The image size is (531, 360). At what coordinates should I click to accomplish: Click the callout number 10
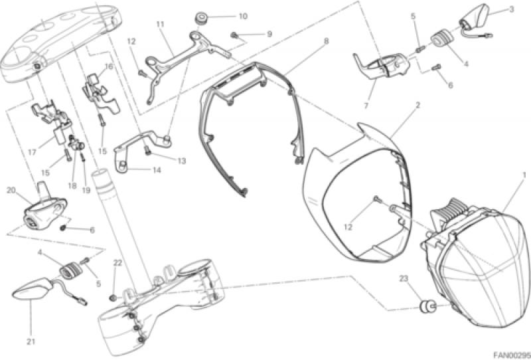click(x=243, y=16)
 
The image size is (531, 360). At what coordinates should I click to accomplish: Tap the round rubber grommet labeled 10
click(x=202, y=18)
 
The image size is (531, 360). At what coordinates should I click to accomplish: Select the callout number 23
click(x=404, y=279)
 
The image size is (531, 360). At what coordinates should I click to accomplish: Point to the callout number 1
click(x=524, y=175)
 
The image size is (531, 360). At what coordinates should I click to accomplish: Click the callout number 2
click(x=417, y=106)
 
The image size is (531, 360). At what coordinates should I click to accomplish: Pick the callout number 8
click(x=326, y=41)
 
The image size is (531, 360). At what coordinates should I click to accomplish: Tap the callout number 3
click(x=512, y=9)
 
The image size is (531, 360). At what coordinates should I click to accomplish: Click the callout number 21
click(x=31, y=342)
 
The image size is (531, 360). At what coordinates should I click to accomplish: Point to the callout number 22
click(x=117, y=263)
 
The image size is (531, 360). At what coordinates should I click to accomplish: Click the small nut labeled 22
click(x=114, y=298)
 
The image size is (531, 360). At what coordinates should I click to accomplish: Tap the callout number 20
click(x=11, y=190)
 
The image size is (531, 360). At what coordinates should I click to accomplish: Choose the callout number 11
click(x=160, y=24)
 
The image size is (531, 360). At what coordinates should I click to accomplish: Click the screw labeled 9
click(x=234, y=35)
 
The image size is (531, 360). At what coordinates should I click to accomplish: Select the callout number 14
click(x=157, y=170)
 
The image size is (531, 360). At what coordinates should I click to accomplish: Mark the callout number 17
click(x=32, y=152)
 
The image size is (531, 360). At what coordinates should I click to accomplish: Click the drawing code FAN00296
click(x=512, y=355)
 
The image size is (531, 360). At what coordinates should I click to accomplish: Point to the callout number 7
click(x=366, y=106)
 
